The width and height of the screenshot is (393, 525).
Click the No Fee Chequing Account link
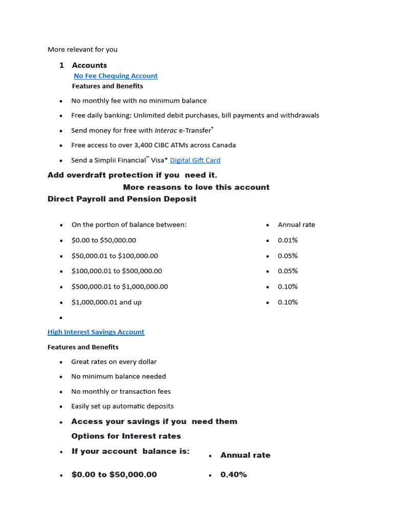pos(116,76)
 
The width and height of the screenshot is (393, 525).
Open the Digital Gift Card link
pos(195,160)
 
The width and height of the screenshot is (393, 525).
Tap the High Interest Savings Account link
pos(96,332)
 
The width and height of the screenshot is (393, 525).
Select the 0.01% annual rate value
pos(288,240)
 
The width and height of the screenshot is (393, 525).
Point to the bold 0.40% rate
pos(233,475)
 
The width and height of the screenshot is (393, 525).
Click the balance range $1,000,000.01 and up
pos(106,302)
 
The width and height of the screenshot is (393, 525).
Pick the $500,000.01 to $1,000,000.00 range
pos(120,287)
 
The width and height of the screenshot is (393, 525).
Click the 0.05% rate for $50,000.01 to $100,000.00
pos(288,256)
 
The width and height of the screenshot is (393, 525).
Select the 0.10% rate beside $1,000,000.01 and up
pos(288,302)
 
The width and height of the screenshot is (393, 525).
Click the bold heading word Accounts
pos(90,65)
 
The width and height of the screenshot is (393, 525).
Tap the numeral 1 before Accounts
pos(61,65)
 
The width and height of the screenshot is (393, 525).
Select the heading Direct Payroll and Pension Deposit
pos(122,199)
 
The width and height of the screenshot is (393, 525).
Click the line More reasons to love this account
pos(196,187)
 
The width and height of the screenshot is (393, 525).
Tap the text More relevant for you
pos(82,50)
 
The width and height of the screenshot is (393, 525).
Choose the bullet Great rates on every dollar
pos(114,361)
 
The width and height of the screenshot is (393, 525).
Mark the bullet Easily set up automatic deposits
pos(122,406)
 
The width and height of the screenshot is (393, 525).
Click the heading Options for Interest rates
pos(126,436)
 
